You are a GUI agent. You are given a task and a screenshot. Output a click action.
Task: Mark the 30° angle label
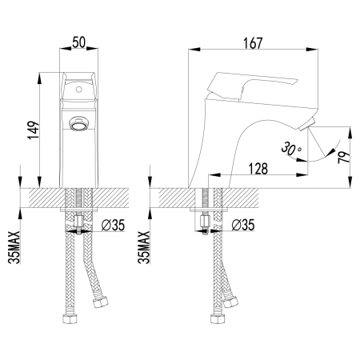[290, 149]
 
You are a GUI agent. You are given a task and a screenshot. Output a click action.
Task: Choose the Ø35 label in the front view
[110, 225]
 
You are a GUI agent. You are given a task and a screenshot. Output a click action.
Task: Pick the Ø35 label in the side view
[243, 225]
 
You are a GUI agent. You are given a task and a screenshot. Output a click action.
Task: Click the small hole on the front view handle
[78, 91]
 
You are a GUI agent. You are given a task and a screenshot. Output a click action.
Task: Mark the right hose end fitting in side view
[234, 302]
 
